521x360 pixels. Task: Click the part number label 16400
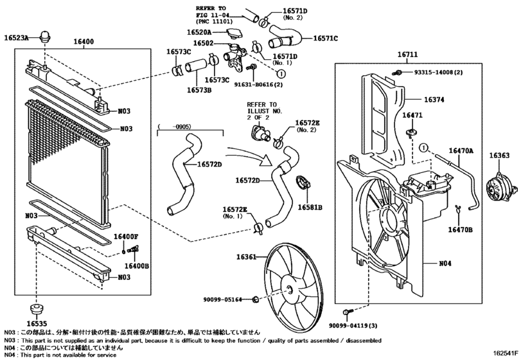point(84,42)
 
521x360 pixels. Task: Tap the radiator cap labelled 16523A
point(44,37)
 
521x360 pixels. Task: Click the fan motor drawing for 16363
point(501,189)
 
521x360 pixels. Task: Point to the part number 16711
point(408,55)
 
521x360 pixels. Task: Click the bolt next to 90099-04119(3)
point(347,312)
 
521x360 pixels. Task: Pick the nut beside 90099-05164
point(256,299)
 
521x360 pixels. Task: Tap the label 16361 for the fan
point(246,257)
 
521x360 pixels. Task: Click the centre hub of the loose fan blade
point(288,290)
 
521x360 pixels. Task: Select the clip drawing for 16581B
point(303,183)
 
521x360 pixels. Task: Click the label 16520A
point(199,32)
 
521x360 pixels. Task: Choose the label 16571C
point(326,39)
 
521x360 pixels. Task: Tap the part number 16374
point(434,100)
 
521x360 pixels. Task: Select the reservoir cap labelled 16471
point(412,132)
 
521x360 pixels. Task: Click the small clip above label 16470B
point(459,208)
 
